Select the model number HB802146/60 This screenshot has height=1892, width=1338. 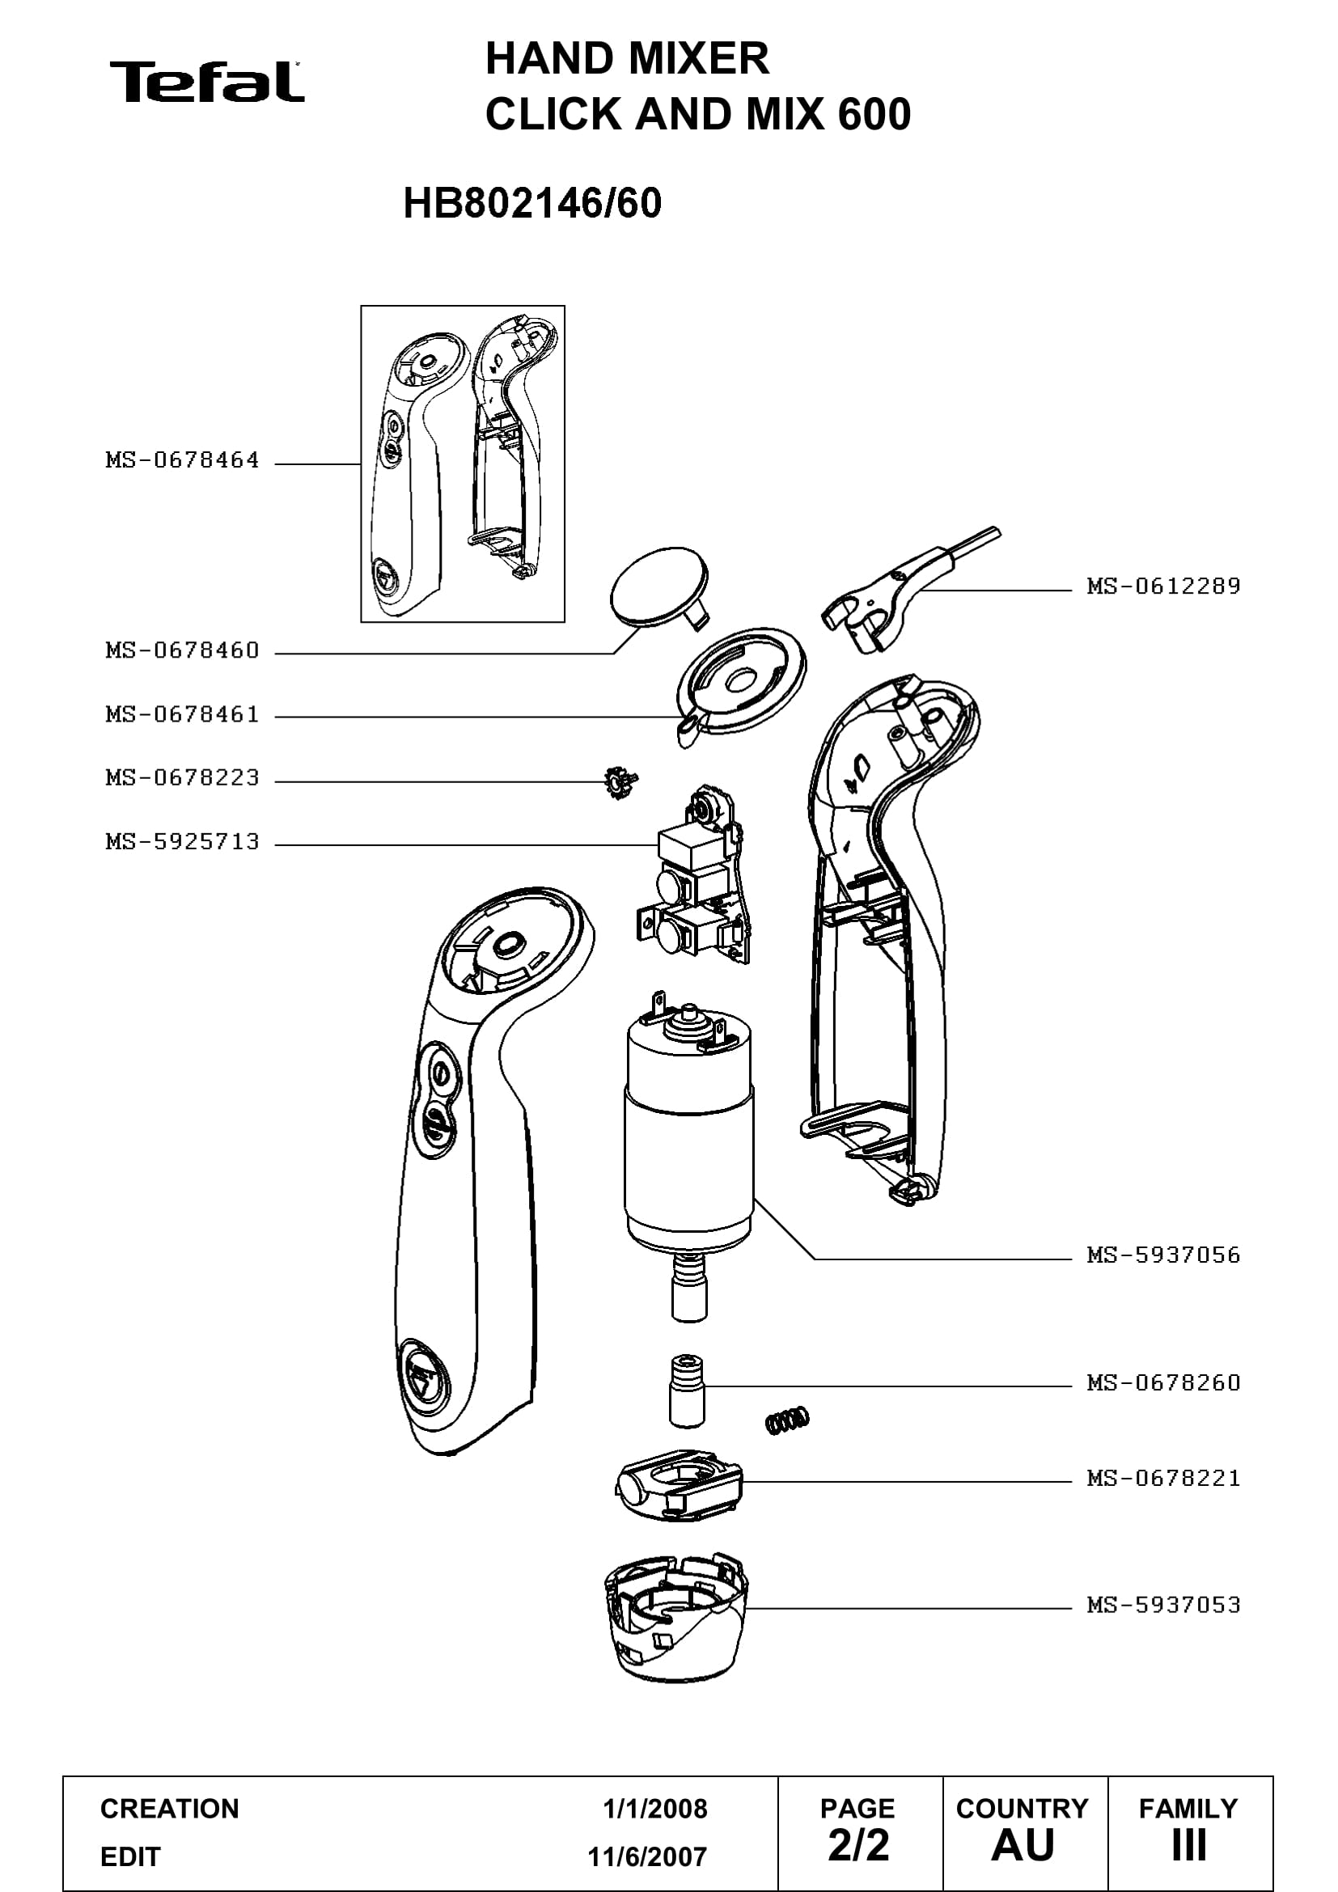(532, 204)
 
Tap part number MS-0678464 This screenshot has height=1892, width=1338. (182, 459)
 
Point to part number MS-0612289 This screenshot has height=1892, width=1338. (1163, 586)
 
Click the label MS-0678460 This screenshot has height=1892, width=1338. (182, 650)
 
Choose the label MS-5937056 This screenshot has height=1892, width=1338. (1163, 1255)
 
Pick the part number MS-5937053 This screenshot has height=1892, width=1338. (1163, 1604)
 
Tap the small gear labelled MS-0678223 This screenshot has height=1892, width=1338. (620, 783)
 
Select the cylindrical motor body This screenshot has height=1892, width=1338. (688, 1137)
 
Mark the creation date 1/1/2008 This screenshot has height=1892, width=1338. (655, 1809)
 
